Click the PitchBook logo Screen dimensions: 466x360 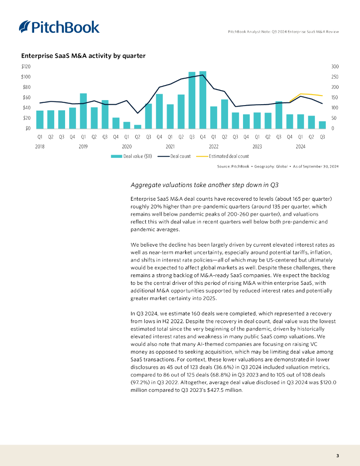[x=59, y=27]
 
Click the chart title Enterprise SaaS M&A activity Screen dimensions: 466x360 [x=83, y=56]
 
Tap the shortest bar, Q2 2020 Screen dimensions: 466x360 [x=137, y=126]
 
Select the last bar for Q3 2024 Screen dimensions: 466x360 [x=322, y=124]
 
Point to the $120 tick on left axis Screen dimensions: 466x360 [x=26, y=66]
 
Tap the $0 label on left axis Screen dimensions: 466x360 [x=28, y=128]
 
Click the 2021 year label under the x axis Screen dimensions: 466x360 [x=170, y=147]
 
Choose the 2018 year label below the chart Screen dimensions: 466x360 [x=40, y=147]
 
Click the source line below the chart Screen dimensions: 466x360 [x=278, y=167]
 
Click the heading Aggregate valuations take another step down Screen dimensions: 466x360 [x=204, y=185]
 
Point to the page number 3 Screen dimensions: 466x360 [x=337, y=456]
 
